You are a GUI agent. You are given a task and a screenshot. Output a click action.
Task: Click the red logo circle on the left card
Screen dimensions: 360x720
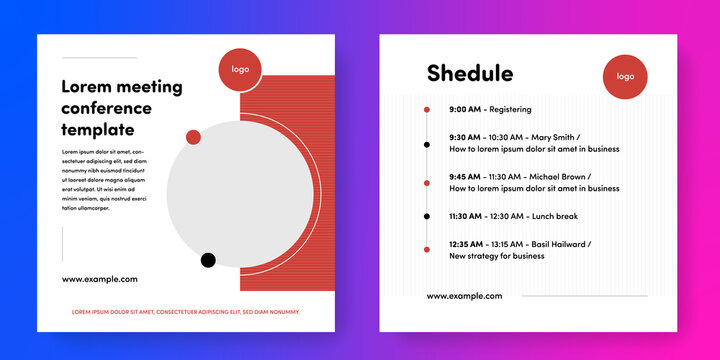coord(241,69)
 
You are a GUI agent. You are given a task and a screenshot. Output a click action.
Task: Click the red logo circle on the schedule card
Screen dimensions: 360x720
coord(625,76)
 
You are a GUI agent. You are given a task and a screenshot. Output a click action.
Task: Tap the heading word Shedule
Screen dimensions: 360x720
coord(470,73)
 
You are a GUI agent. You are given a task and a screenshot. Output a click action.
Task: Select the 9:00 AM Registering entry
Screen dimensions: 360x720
coord(490,109)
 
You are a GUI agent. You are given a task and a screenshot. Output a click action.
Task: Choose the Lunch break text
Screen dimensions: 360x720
coord(554,216)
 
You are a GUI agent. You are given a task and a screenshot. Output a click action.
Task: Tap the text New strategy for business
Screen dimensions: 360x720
coord(497,256)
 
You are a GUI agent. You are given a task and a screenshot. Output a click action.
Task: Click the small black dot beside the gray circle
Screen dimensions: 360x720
coord(208,261)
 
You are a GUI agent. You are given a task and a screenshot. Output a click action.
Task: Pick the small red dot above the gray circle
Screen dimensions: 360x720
coord(193,137)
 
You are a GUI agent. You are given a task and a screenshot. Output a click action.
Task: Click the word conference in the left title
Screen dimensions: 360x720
coord(107,108)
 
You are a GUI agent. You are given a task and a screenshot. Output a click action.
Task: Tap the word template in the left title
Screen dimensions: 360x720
coord(98,130)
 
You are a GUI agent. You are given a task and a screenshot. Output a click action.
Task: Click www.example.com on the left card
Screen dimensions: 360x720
coord(100,279)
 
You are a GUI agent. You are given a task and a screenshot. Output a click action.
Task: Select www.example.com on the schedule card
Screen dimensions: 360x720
coord(464,296)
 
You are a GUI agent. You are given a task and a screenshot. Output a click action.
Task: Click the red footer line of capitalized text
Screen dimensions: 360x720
coord(185,312)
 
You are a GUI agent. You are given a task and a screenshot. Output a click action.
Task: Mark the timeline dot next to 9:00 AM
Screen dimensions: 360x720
coord(427,109)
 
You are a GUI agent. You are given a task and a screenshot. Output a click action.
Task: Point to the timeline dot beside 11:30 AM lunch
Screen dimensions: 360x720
coord(427,216)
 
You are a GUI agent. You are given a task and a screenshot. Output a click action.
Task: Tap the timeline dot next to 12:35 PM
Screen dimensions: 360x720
coord(427,249)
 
